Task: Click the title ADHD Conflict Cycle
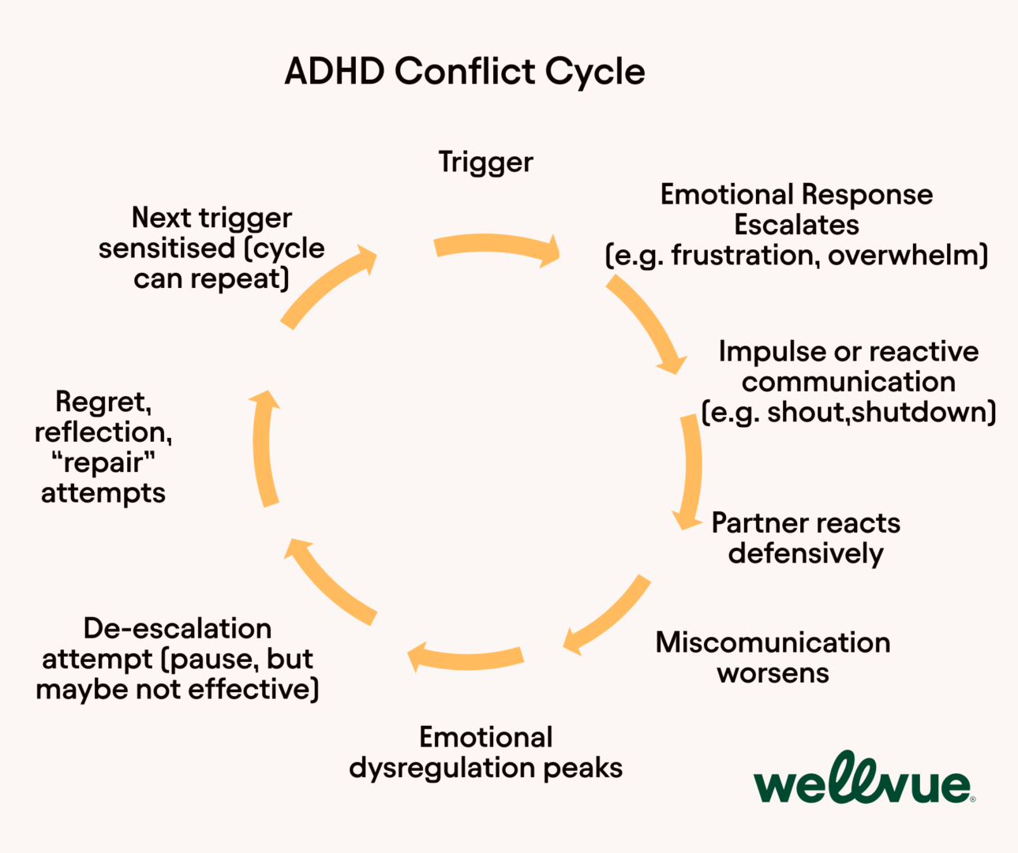point(464,71)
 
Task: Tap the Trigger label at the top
point(485,162)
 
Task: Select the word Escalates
point(796,225)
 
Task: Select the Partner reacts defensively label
point(805,537)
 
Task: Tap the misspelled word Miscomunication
point(773,642)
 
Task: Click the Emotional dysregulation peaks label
point(485,752)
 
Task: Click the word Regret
point(102,402)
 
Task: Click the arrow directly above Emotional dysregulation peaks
point(466,657)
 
